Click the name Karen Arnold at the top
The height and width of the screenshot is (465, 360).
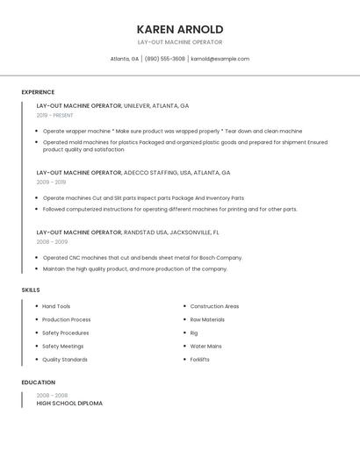(180, 29)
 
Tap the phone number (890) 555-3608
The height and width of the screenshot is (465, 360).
(164, 59)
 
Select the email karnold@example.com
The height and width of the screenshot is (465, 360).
(220, 59)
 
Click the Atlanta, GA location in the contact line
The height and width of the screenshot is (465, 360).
(124, 59)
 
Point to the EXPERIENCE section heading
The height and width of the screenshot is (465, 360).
(38, 92)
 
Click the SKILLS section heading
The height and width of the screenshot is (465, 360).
(31, 290)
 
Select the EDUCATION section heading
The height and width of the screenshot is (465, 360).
(38, 383)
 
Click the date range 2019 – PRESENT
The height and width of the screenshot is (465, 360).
(55, 115)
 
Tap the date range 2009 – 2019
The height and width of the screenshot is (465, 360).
(51, 182)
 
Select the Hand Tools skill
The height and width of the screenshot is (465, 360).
(56, 306)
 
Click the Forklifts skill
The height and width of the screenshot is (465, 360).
(200, 360)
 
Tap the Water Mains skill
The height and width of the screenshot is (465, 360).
(205, 347)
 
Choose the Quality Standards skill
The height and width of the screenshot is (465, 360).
(65, 360)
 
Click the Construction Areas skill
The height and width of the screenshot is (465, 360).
(214, 306)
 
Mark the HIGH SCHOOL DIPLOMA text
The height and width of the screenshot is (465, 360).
(69, 404)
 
